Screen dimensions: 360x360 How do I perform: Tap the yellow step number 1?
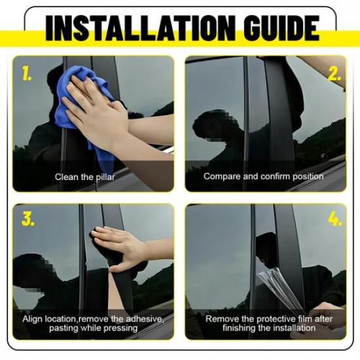click(x=27, y=74)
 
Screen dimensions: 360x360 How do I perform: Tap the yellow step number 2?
click(x=335, y=74)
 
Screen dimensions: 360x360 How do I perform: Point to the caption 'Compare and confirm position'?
click(x=263, y=176)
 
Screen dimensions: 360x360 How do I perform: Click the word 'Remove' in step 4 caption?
click(x=221, y=319)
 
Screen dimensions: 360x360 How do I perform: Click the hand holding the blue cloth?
click(x=98, y=108)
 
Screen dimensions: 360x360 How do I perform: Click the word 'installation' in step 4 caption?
click(x=296, y=328)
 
